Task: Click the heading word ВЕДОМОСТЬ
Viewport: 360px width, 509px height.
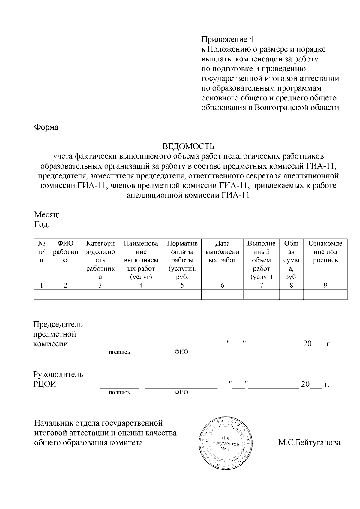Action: coord(188,146)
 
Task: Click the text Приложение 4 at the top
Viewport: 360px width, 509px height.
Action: coord(227,39)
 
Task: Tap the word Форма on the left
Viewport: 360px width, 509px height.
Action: coord(46,127)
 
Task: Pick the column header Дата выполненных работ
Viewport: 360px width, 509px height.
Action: coord(222,252)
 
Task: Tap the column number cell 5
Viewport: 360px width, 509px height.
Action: coord(182,285)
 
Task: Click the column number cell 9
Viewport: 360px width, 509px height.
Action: coord(325,285)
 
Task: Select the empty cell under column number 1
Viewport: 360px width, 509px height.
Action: coord(41,295)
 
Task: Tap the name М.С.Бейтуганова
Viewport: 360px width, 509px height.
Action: coord(309,442)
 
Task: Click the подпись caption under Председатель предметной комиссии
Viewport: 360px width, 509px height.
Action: coord(119,352)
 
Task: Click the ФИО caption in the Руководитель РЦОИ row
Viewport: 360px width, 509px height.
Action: coord(181,392)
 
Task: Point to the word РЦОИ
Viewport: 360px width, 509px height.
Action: coord(45,384)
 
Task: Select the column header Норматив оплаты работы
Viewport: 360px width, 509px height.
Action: coord(182,256)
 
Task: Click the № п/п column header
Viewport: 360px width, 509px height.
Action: coord(41,252)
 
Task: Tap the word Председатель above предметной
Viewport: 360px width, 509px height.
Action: coord(58,324)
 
